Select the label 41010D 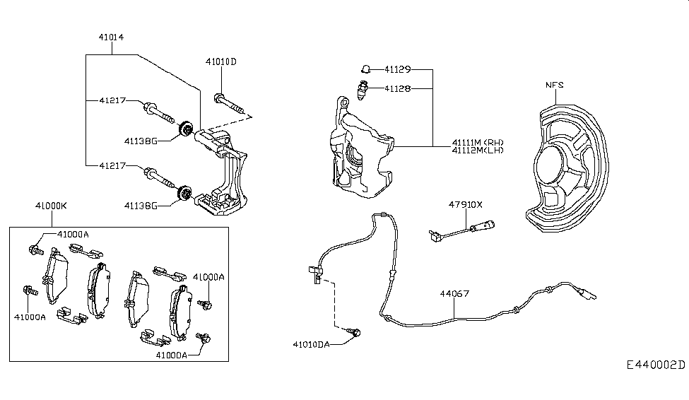point(221,61)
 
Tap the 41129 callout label point(398,70)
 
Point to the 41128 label point(398,89)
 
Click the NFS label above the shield point(555,86)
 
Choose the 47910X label point(465,205)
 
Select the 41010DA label point(313,344)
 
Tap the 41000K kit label point(51,206)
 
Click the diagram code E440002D point(655,365)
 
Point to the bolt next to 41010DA point(355,331)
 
